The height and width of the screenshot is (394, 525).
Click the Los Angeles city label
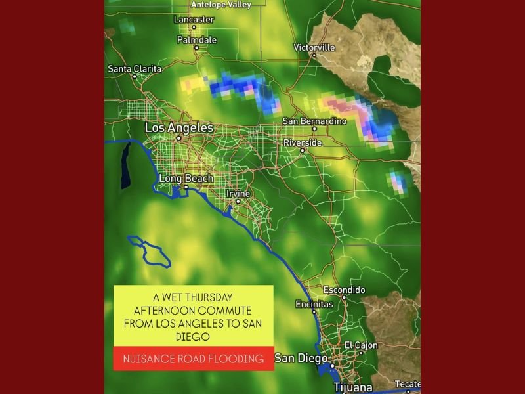pyautogui.click(x=179, y=127)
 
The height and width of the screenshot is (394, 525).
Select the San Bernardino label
pyautogui.click(x=314, y=121)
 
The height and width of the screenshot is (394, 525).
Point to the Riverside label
pyautogui.click(x=303, y=142)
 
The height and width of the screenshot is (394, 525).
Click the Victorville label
pyautogui.click(x=314, y=47)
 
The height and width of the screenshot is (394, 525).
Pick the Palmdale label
pyautogui.click(x=197, y=40)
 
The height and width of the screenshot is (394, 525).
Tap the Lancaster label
pyautogui.click(x=194, y=20)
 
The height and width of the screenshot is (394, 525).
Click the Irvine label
pyautogui.click(x=238, y=193)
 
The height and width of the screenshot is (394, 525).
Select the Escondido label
pyautogui.click(x=344, y=290)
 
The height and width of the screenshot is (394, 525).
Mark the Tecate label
pyautogui.click(x=407, y=384)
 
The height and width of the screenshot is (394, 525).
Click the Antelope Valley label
pyautogui.click(x=212, y=5)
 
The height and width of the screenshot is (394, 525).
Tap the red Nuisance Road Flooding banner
pyautogui.click(x=194, y=359)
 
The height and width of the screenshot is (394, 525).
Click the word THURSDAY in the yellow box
pyautogui.click(x=209, y=297)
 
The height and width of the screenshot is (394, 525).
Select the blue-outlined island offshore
pyautogui.click(x=150, y=252)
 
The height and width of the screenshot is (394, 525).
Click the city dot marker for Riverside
pyautogui.click(x=303, y=150)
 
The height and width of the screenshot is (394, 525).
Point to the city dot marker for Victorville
pyautogui.click(x=314, y=55)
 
